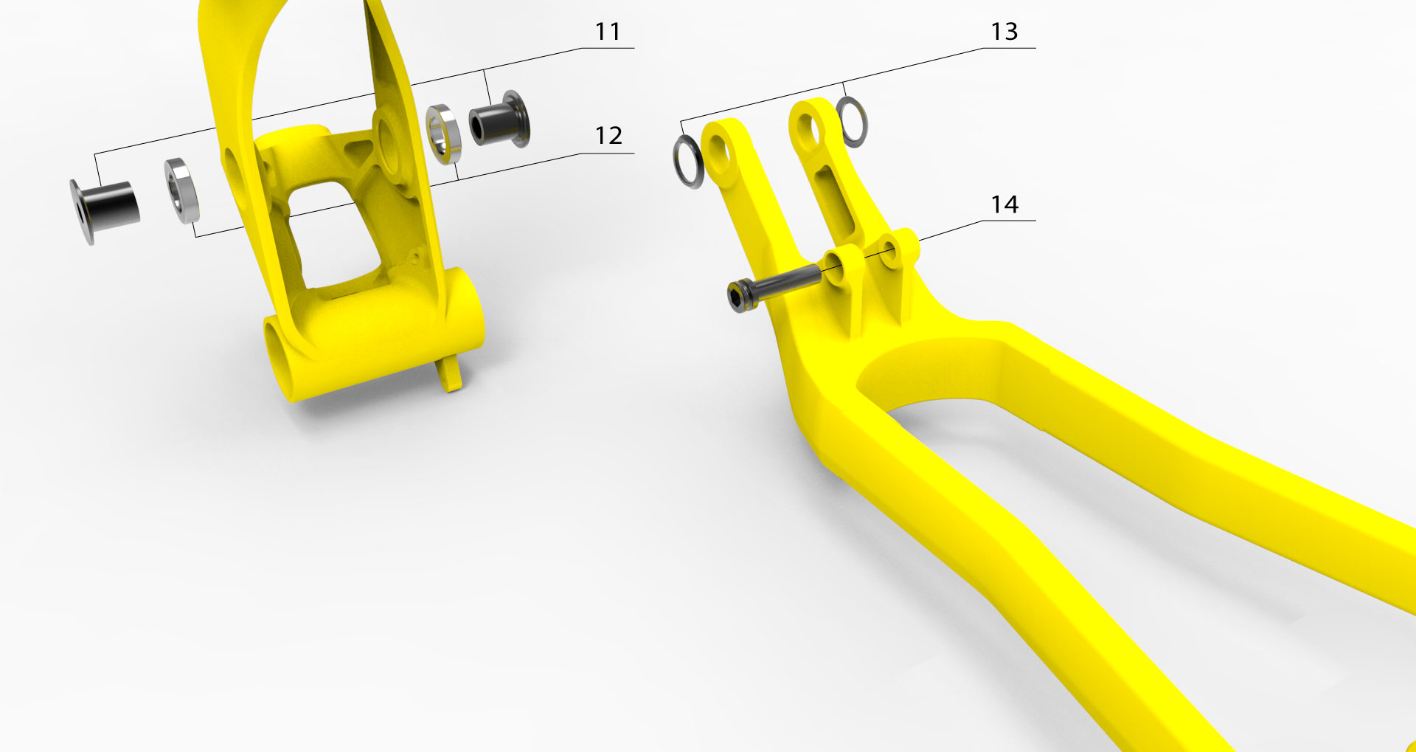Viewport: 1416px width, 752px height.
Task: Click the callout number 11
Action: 608,32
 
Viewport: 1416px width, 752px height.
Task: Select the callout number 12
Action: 608,136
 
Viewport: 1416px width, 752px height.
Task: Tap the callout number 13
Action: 1004,32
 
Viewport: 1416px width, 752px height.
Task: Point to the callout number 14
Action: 1004,204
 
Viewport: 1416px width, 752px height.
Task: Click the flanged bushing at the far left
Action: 105,209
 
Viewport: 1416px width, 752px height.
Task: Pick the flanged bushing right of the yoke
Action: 499,120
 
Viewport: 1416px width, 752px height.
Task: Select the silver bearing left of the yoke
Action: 181,190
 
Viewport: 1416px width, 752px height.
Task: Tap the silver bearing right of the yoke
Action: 444,134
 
